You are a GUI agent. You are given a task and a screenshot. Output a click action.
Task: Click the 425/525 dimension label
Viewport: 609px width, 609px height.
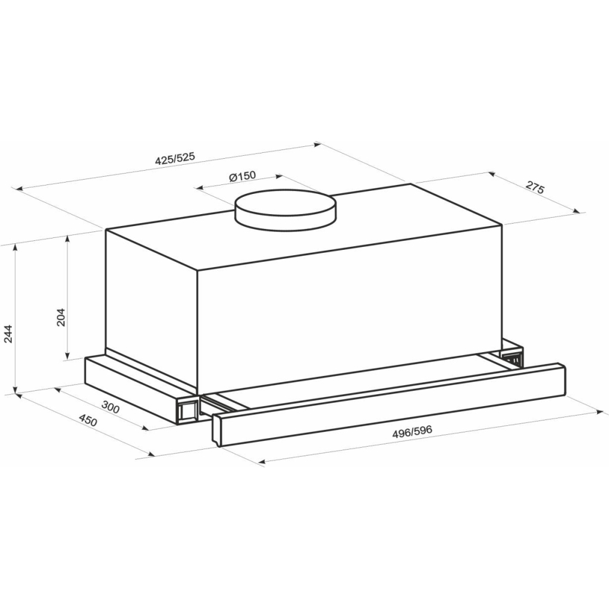pyautogui.click(x=174, y=159)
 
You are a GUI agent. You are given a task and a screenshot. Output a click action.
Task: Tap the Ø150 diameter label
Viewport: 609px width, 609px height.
pyautogui.click(x=243, y=176)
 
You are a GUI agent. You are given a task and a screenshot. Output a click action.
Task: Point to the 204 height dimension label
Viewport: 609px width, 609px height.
pyautogui.click(x=61, y=317)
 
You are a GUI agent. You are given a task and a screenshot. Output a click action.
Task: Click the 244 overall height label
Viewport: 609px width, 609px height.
pyautogui.click(x=9, y=334)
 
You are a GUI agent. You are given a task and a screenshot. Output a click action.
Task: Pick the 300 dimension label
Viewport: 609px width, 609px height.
pyautogui.click(x=110, y=406)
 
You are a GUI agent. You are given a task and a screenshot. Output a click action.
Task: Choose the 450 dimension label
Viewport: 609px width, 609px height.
pyautogui.click(x=88, y=420)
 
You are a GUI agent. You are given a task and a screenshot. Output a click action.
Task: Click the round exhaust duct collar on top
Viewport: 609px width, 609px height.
pyautogui.click(x=285, y=210)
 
